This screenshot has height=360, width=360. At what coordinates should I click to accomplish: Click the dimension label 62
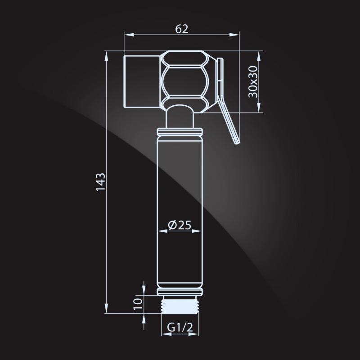[182, 29]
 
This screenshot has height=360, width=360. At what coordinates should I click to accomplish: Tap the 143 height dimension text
[100, 182]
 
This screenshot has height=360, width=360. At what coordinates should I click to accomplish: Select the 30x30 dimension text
[253, 81]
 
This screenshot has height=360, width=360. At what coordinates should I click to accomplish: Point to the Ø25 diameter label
[180, 225]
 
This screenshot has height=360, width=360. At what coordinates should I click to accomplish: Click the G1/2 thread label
[180, 327]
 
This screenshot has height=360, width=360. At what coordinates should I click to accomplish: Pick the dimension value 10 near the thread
[138, 304]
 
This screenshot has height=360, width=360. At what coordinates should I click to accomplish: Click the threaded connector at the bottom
[180, 305]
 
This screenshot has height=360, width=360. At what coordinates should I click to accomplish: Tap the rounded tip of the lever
[237, 141]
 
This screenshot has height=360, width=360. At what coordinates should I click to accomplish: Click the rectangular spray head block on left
[142, 81]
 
